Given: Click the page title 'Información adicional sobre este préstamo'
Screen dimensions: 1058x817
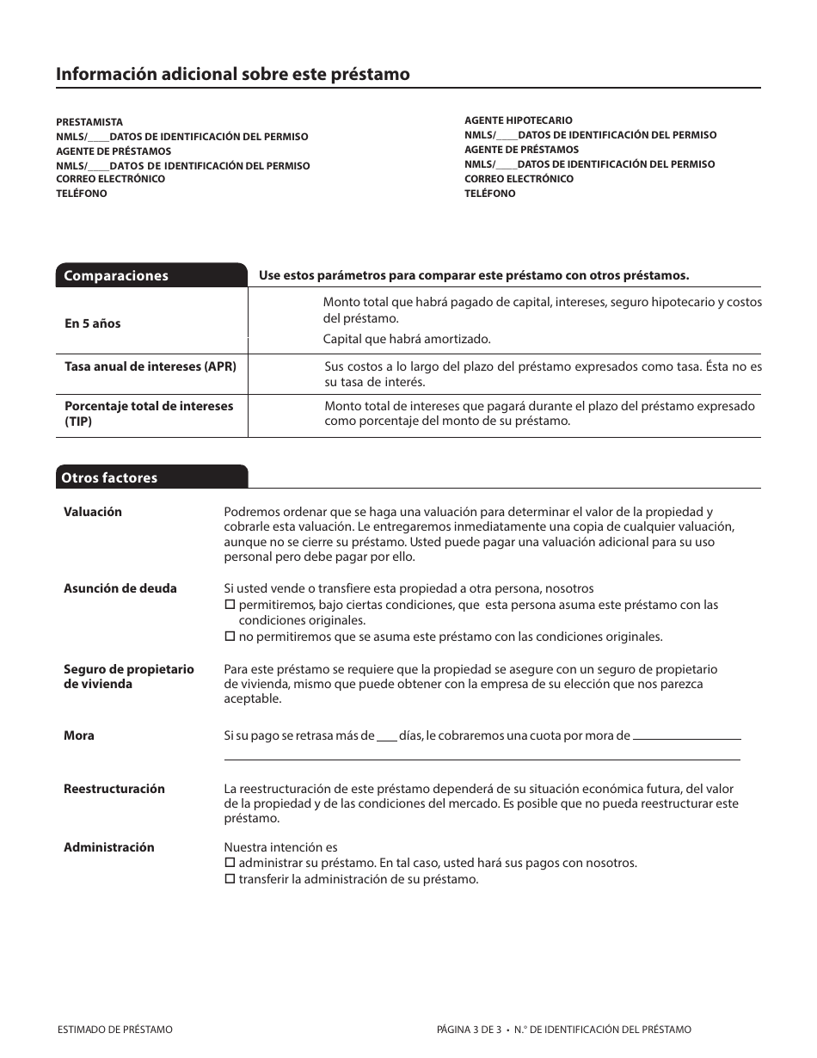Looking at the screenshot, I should [x=232, y=74].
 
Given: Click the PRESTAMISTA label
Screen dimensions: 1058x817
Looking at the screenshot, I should [x=89, y=122].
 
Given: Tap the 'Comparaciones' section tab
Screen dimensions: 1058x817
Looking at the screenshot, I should [x=116, y=276].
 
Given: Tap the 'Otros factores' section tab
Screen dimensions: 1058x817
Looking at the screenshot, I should [x=109, y=478].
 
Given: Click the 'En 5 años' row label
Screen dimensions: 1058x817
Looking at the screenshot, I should [x=93, y=323].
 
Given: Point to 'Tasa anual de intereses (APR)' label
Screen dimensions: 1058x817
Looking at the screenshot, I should [x=150, y=366].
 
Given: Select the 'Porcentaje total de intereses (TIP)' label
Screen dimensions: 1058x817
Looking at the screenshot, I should [x=149, y=414].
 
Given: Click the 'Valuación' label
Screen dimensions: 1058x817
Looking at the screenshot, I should [x=93, y=512].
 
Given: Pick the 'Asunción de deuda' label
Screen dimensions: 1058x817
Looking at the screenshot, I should [x=120, y=588].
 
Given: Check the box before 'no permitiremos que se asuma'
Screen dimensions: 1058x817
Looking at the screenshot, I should [x=230, y=637].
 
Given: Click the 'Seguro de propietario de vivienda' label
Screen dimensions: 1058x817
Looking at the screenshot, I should [x=129, y=676].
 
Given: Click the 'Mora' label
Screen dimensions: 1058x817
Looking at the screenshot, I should [x=79, y=735].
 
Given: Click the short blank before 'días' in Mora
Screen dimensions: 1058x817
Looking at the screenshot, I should [x=386, y=737].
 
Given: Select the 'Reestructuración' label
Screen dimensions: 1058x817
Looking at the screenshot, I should [x=114, y=789].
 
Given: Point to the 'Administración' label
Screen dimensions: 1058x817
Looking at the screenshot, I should [x=109, y=847].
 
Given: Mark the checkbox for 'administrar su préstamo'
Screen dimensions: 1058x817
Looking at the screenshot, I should [x=230, y=863].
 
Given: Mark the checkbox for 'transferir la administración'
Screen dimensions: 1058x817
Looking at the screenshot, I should [x=230, y=879].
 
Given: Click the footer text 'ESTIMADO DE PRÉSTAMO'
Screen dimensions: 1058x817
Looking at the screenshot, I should [x=114, y=1030].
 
